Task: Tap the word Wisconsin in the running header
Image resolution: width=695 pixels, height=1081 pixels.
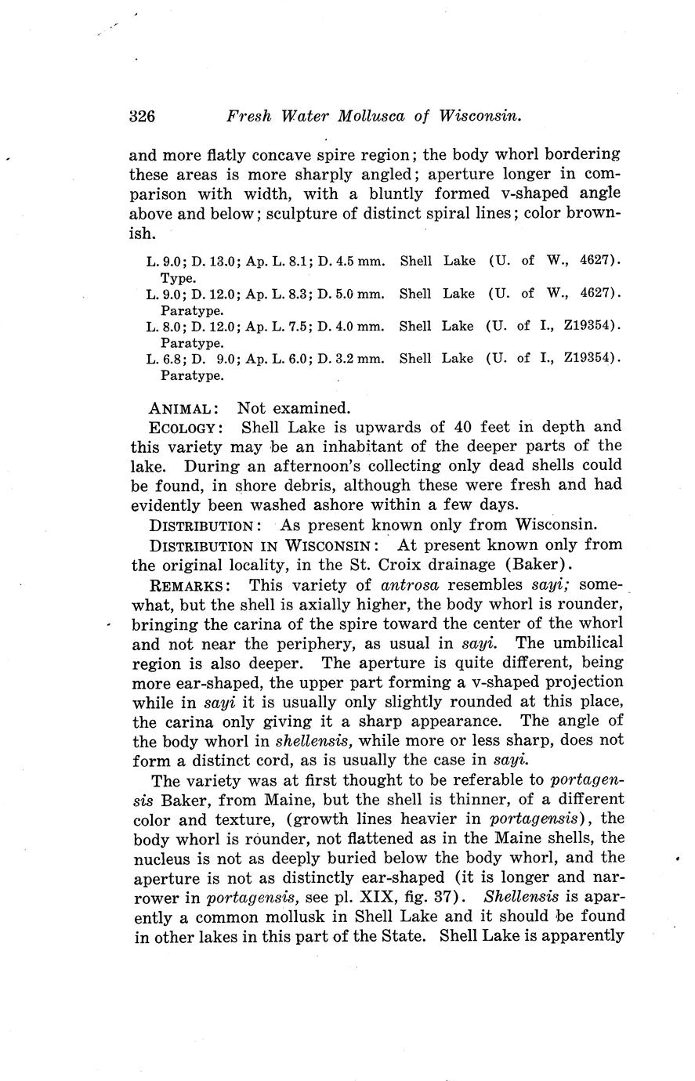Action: (480, 117)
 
